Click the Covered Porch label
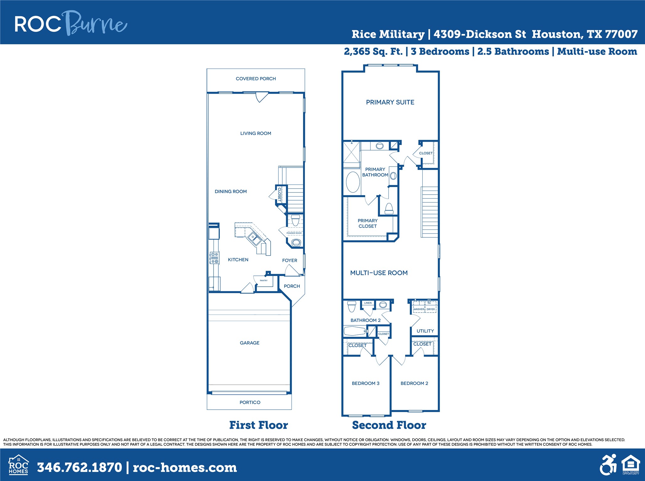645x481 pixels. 256,79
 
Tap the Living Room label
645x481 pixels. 256,133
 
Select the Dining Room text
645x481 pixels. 230,191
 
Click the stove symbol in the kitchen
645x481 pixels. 215,258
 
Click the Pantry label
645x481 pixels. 263,280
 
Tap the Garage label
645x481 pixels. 249,343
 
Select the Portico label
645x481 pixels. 250,402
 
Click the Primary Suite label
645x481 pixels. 390,102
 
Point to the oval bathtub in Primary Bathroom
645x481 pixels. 353,182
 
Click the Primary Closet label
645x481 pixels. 367,223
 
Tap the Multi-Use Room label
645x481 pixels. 379,273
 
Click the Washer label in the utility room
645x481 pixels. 419,309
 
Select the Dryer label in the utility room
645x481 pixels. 431,309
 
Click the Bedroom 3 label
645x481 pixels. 366,383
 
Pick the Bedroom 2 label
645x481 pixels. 414,383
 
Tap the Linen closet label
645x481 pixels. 368,303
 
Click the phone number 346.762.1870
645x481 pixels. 79,467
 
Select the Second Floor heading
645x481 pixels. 389,425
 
